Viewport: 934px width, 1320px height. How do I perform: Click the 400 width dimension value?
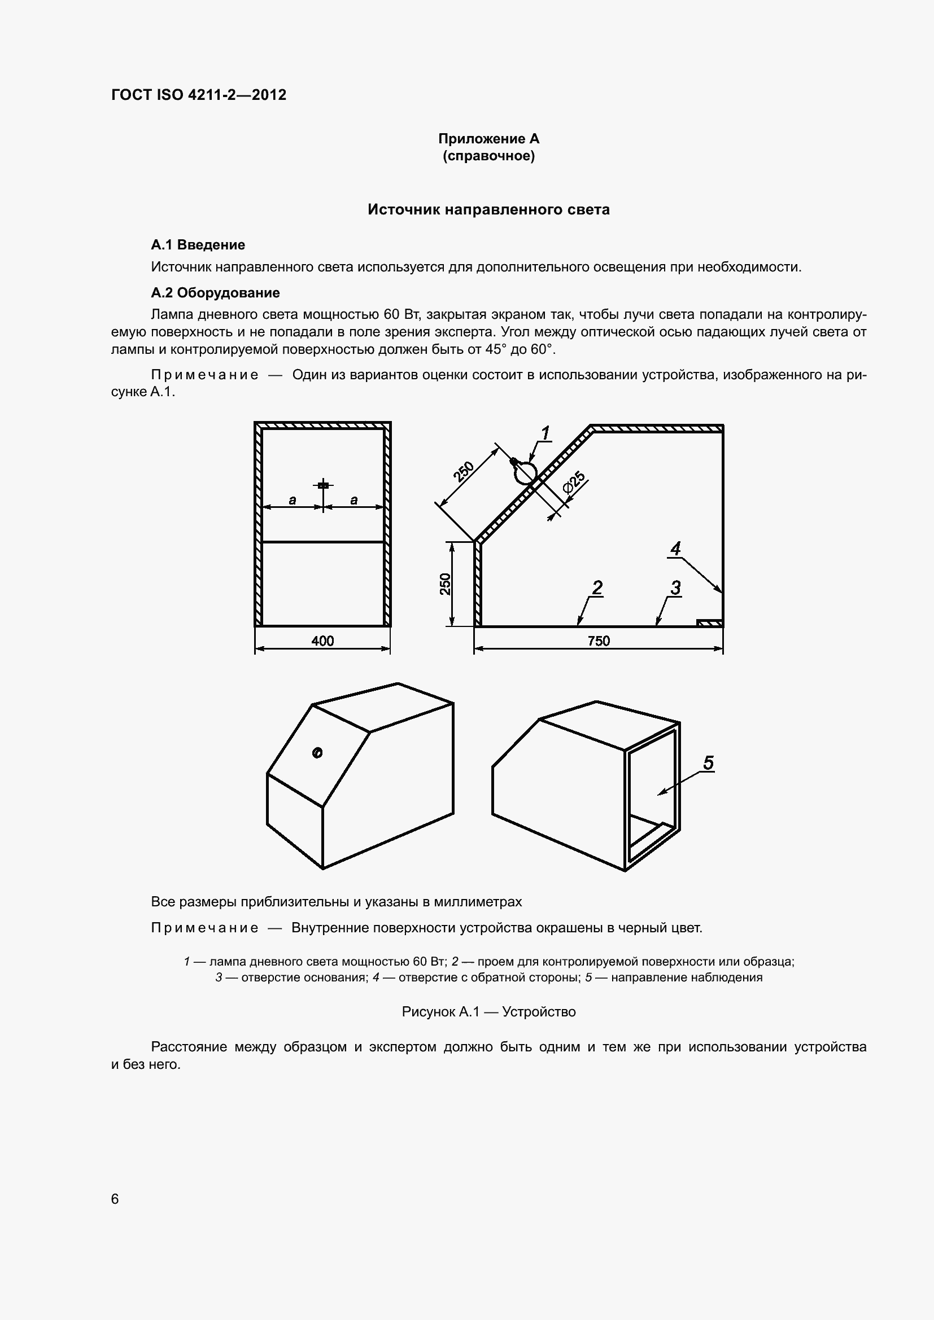(x=322, y=641)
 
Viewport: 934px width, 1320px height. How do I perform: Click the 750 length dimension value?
(x=598, y=641)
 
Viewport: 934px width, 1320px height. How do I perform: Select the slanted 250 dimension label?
(x=464, y=471)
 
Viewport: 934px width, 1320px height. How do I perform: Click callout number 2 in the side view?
(x=597, y=587)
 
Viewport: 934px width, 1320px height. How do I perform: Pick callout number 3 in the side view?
(x=675, y=587)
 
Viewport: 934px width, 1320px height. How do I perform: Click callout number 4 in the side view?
(x=675, y=549)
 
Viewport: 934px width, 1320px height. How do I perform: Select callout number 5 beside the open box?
(x=708, y=763)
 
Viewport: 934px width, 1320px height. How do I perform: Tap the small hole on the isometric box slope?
(x=317, y=753)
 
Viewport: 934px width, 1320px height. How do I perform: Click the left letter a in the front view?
(x=292, y=500)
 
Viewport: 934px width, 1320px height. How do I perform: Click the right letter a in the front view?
(x=353, y=500)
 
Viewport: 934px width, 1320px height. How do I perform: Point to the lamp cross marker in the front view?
(x=323, y=485)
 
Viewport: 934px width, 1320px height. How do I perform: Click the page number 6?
(x=115, y=1198)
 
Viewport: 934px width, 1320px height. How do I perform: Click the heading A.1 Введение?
(x=198, y=245)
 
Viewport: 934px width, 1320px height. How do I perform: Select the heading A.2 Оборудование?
(x=215, y=293)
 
